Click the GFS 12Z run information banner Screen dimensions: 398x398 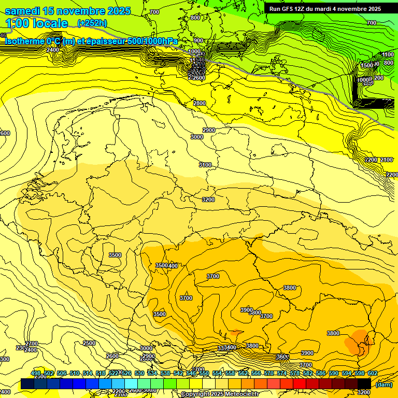coord(325,9)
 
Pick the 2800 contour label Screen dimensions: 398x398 coord(200,103)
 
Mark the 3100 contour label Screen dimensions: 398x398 coord(205,165)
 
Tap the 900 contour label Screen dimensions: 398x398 coord(198,40)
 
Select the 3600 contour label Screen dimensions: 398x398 coord(282,357)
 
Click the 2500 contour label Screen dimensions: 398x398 coord(89,343)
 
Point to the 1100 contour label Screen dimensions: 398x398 coord(388,54)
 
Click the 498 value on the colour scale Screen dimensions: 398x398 coord(35,373)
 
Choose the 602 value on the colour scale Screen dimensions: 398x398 coord(372,373)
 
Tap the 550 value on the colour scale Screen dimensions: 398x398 coord(204,373)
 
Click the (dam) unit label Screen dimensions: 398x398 coord(385,384)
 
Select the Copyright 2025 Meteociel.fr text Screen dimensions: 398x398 coord(220,394)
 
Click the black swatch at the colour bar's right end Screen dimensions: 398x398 coord(364,383)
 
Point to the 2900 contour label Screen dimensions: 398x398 coord(209,130)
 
